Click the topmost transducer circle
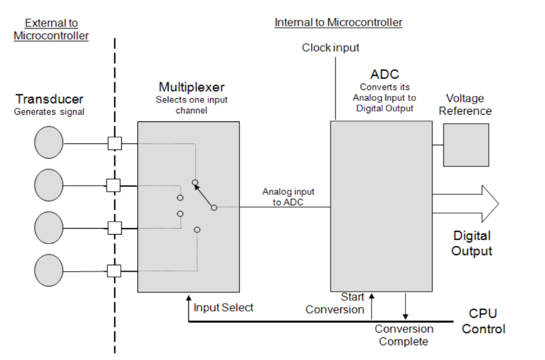coord(49,143)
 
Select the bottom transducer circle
coord(49,270)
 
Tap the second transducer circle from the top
coord(49,185)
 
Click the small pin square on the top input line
coord(114,143)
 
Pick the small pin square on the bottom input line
coord(114,270)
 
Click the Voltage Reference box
coord(465,144)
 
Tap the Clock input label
coord(331,48)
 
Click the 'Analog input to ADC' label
coord(288,197)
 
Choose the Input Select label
coord(223,308)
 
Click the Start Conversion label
coord(335,303)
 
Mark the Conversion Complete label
coord(404,335)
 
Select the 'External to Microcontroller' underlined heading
coord(51,29)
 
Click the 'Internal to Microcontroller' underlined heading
coord(338,23)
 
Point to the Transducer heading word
coord(50,99)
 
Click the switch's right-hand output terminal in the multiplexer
coord(213,208)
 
